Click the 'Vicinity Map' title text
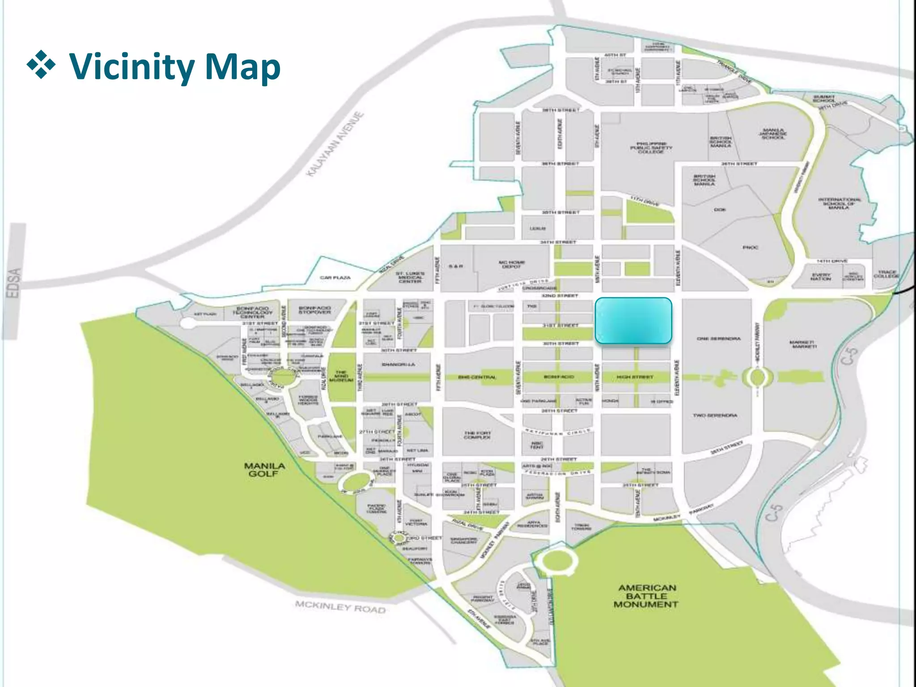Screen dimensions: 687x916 174,67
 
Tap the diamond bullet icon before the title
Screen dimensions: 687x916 41,65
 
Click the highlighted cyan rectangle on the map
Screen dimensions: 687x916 633,321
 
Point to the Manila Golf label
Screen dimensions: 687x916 264,470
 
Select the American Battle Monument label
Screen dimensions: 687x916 646,596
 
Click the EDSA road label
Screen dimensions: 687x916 14,283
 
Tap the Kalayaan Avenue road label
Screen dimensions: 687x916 335,144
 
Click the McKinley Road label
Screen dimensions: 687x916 340,607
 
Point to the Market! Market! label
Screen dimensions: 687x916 804,344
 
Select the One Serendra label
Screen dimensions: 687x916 718,339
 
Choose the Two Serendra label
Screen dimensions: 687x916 715,416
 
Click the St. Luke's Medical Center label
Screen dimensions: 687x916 410,277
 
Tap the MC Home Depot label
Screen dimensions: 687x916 511,264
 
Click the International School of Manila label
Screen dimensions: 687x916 839,204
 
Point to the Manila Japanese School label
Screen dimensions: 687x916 773,134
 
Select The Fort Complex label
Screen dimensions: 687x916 477,435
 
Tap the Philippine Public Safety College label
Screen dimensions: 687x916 651,148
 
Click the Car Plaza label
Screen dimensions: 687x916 335,278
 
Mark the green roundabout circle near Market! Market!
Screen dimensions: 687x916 757,377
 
